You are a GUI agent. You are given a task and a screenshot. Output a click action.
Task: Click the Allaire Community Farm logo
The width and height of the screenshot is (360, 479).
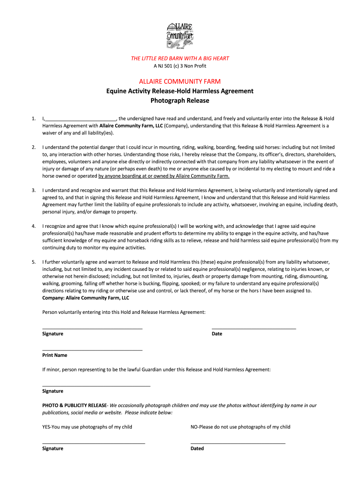(180, 35)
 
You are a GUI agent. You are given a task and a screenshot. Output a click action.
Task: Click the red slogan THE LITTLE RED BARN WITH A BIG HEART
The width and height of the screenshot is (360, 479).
(180, 58)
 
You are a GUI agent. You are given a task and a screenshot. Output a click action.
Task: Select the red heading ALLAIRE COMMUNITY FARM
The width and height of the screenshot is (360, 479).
(180, 81)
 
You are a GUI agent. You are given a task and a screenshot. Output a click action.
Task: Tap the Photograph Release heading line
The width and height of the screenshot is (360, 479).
(180, 101)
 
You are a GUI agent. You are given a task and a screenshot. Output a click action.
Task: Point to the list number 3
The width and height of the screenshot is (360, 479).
(34, 190)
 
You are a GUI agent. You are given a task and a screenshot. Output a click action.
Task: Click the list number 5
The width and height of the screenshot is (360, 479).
(34, 262)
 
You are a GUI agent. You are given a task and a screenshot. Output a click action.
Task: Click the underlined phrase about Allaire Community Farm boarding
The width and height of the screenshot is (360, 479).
(164, 176)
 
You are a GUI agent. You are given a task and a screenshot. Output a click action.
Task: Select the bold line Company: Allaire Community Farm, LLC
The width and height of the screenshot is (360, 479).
(86, 298)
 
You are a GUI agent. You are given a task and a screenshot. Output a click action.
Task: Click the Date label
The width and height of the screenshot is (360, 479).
(217, 334)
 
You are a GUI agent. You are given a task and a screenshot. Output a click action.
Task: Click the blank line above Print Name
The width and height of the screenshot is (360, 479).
(92, 350)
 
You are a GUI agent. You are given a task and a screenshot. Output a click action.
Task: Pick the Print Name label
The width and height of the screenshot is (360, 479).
(55, 356)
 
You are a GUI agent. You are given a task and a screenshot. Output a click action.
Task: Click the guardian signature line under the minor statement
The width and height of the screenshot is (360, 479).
(96, 386)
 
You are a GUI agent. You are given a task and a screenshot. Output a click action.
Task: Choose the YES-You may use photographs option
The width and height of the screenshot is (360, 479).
(87, 427)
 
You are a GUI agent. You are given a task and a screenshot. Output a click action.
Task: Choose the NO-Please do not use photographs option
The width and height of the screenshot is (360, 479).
(240, 427)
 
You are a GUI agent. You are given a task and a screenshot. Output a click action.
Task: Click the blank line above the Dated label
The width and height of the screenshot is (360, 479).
(238, 443)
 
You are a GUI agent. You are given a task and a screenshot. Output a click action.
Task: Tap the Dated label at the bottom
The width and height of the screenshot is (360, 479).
(197, 449)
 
